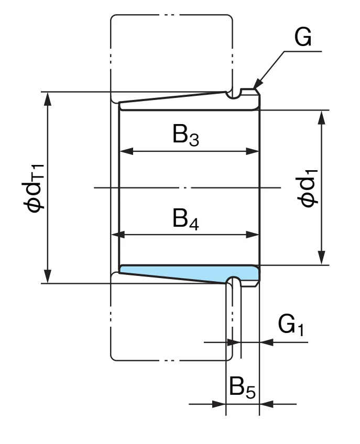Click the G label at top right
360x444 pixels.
tap(303, 37)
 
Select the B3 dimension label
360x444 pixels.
tap(186, 135)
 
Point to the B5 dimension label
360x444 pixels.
tap(242, 387)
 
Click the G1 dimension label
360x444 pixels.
tap(291, 325)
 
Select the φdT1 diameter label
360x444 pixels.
tap(33, 188)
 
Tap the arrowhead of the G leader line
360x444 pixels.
tap(257, 84)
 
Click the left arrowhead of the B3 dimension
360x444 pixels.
tap(126, 151)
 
